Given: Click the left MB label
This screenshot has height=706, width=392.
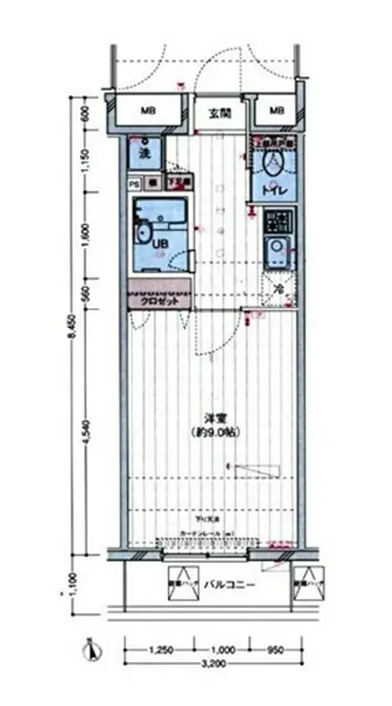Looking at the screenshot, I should pos(149,112).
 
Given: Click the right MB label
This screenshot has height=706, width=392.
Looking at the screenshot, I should pos(277,112).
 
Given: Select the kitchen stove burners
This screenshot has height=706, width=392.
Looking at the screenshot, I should pos(277,224).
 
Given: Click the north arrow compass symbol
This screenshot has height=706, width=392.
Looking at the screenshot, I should pos(91,653).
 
